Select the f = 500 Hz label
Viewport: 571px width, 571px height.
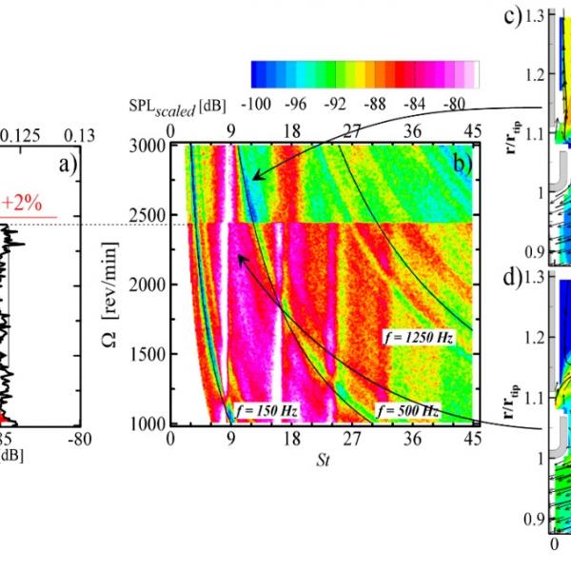pyautogui.click(x=409, y=409)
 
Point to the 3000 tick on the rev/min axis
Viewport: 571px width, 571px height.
pyautogui.click(x=148, y=145)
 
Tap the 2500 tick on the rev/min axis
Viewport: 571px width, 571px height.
pyautogui.click(x=148, y=214)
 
